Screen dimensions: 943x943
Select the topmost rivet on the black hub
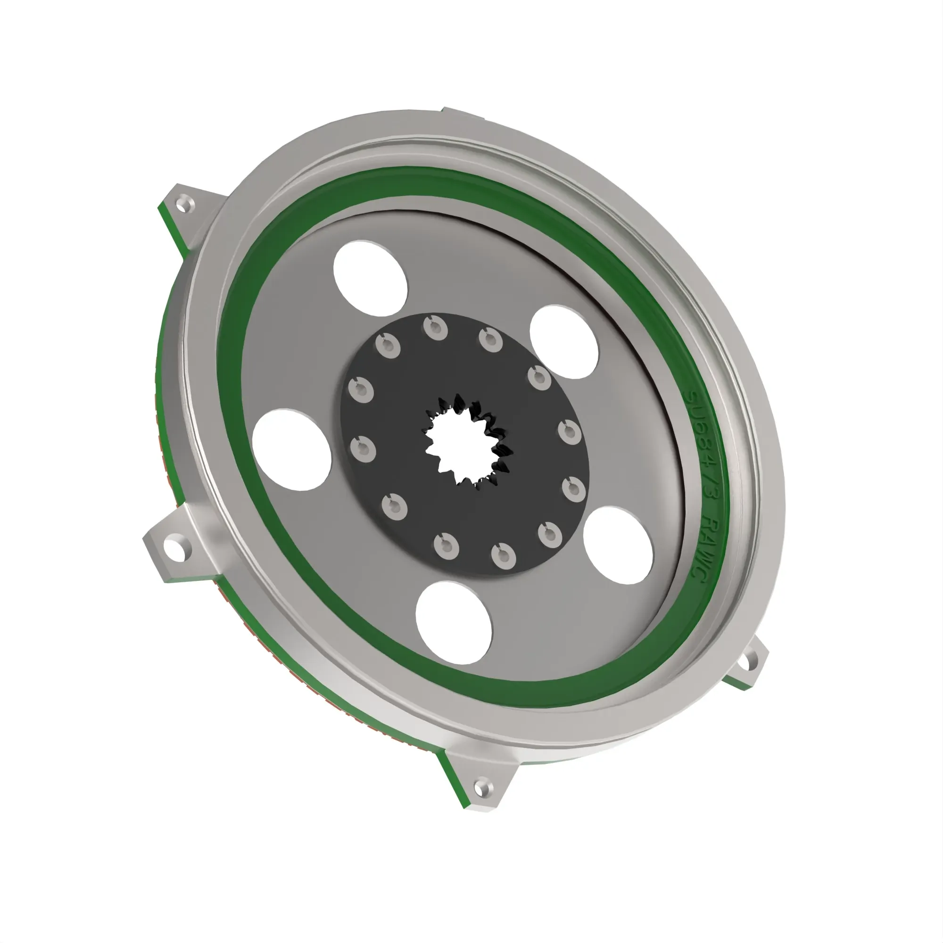pyautogui.click(x=435, y=328)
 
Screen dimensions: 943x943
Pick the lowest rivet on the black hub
pyautogui.click(x=504, y=555)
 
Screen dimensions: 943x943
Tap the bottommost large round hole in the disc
pyautogui.click(x=454, y=623)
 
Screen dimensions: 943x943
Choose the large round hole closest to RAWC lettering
pyautogui.click(x=618, y=545)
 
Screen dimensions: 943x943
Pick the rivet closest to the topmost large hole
pyautogui.click(x=389, y=346)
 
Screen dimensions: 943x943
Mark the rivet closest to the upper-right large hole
pyautogui.click(x=539, y=377)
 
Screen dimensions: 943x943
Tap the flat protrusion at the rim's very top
pyautogui.click(x=463, y=114)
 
